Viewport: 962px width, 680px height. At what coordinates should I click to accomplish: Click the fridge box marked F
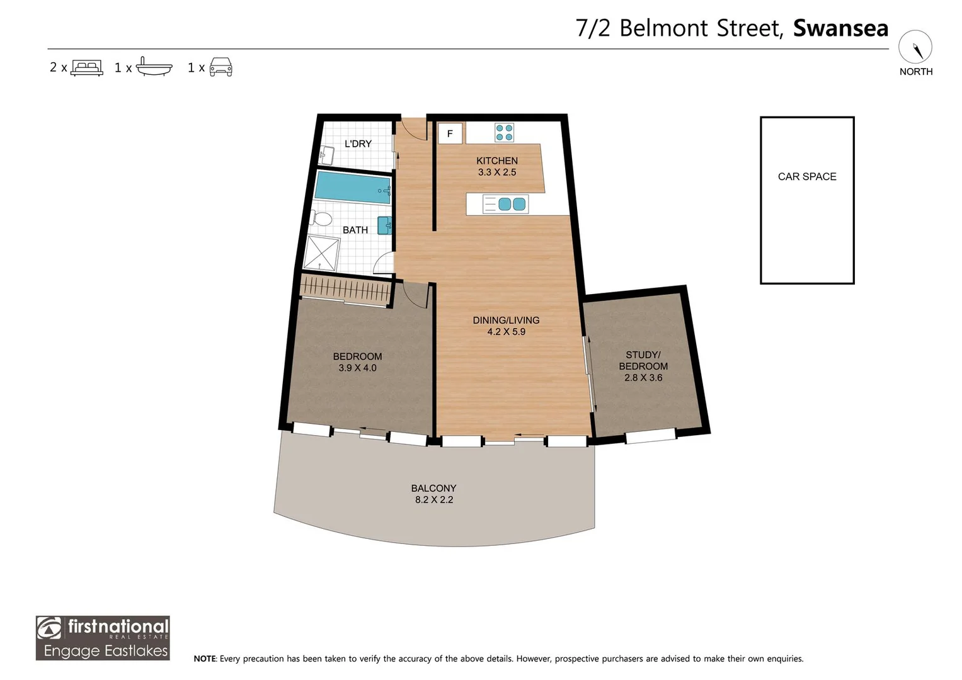click(x=450, y=133)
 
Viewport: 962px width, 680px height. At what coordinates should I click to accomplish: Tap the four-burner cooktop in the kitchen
click(x=504, y=133)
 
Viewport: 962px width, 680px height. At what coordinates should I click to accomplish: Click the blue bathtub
click(x=353, y=188)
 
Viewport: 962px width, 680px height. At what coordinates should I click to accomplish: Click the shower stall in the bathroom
click(x=321, y=253)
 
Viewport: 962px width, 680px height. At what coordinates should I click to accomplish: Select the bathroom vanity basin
click(x=385, y=225)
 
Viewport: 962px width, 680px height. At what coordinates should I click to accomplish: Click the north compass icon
click(x=915, y=47)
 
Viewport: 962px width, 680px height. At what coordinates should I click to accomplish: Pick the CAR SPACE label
click(x=807, y=176)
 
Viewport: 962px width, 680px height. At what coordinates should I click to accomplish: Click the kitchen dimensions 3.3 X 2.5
click(x=497, y=172)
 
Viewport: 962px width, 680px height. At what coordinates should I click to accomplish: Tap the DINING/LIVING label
click(x=506, y=320)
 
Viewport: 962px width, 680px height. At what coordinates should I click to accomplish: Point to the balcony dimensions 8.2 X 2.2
click(x=434, y=500)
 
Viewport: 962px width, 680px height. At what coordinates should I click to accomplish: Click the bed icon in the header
click(x=87, y=68)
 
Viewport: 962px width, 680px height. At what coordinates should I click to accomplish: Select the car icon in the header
click(x=220, y=67)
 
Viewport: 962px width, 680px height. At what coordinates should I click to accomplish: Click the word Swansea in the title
click(x=840, y=28)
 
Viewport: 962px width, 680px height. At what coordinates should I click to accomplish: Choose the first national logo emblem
click(x=49, y=629)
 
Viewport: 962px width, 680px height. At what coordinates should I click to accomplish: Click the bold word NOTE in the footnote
click(x=205, y=659)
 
